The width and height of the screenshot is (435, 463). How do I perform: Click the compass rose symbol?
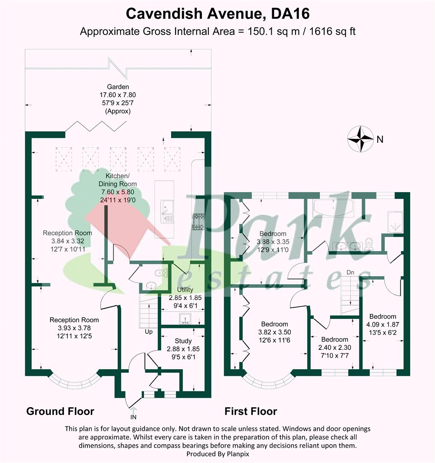pyautogui.click(x=360, y=139)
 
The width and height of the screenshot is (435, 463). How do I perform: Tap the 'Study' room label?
pyautogui.click(x=183, y=341)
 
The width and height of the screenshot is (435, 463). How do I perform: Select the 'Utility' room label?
pyautogui.click(x=185, y=290)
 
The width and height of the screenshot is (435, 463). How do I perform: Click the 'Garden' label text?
pyautogui.click(x=118, y=87)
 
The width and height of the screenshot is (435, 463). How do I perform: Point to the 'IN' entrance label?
pyautogui.click(x=133, y=417)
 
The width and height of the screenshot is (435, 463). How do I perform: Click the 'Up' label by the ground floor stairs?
pyautogui.click(x=149, y=332)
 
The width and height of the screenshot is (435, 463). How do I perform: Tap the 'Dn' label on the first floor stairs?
pyautogui.click(x=350, y=272)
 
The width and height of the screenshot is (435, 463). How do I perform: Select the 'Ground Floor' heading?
pyautogui.click(x=60, y=411)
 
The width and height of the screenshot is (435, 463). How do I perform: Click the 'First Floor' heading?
pyautogui.click(x=251, y=411)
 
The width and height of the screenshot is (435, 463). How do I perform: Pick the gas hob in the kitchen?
pyautogui.click(x=198, y=222)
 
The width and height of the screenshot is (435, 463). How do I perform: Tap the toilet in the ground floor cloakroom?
pyautogui.click(x=161, y=272)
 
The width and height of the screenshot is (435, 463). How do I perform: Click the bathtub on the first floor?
pyautogui.click(x=333, y=208)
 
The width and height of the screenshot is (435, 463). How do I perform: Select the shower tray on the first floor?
pyautogui.click(x=395, y=222)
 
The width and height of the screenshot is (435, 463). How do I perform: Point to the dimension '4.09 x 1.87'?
pyautogui.click(x=382, y=325)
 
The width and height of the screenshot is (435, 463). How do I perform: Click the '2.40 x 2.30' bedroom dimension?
pyautogui.click(x=335, y=348)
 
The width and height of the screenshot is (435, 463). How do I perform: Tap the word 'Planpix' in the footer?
pyautogui.click(x=237, y=454)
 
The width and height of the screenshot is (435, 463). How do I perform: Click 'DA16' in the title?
pyautogui.click(x=291, y=14)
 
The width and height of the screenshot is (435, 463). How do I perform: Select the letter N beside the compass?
pyautogui.click(x=380, y=139)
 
